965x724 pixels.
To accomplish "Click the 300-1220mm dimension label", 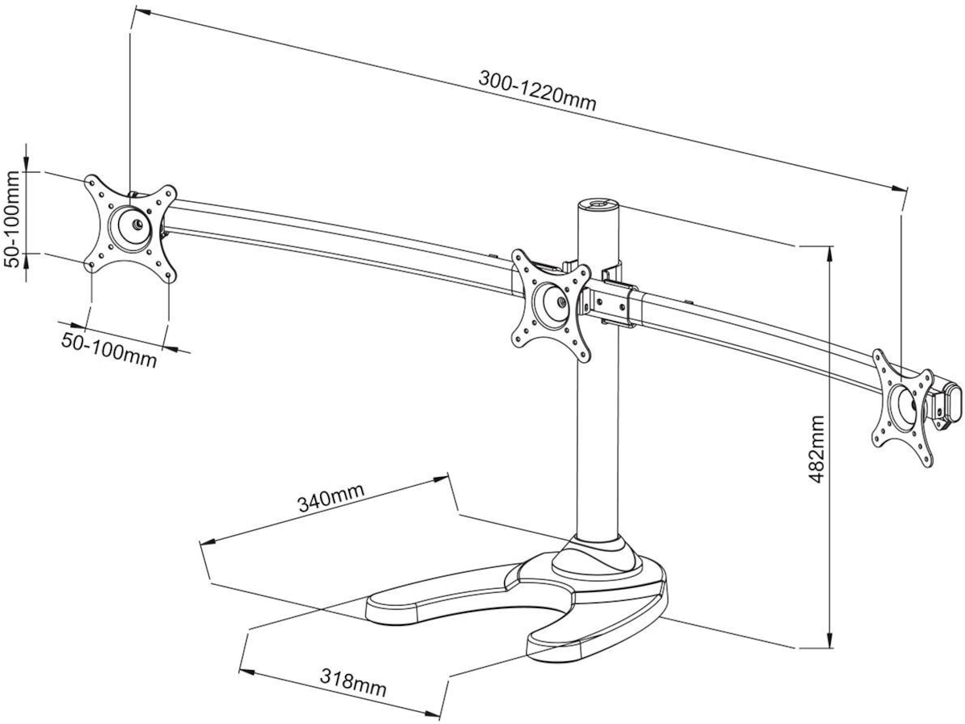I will coord(537,91).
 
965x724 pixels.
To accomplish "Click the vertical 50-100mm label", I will coord(12,213).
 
